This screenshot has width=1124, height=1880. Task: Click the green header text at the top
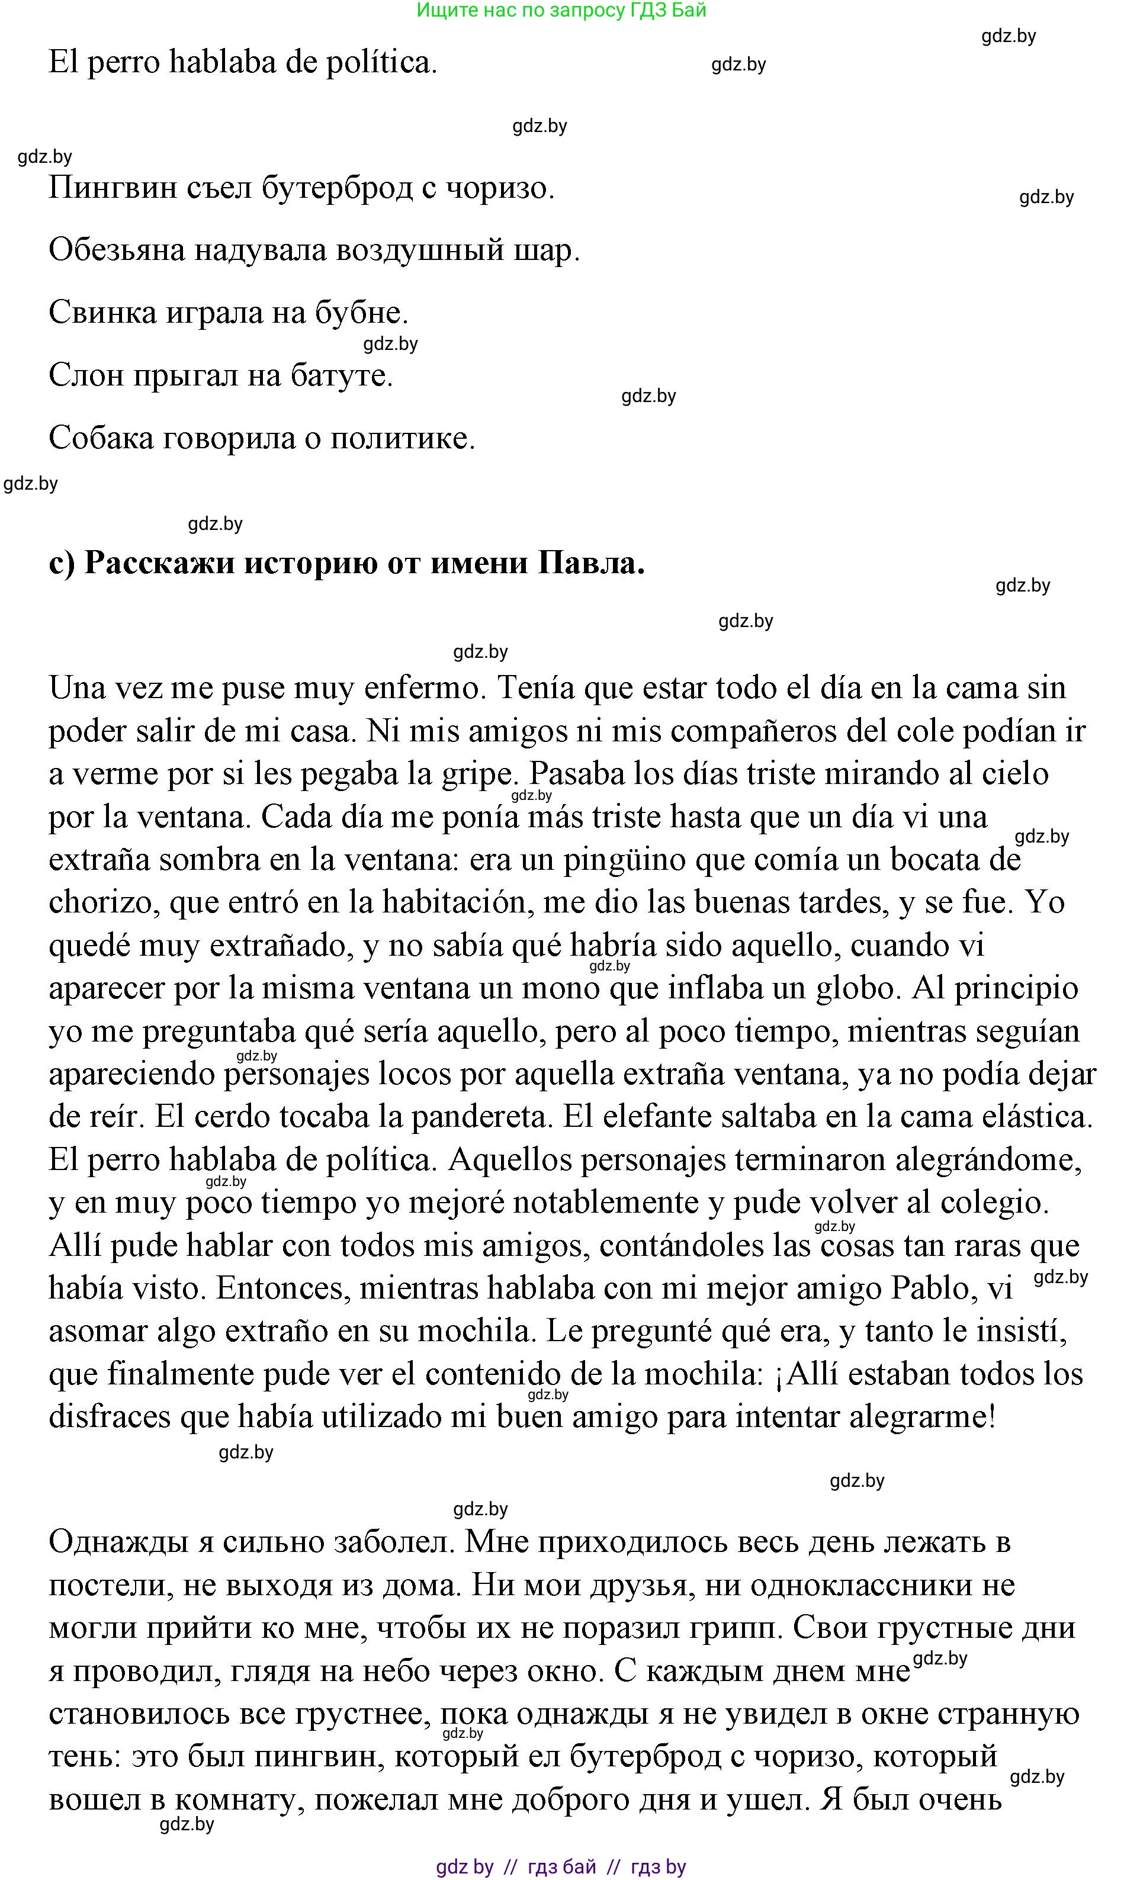point(561,10)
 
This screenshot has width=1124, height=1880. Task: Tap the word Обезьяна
point(117,250)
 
